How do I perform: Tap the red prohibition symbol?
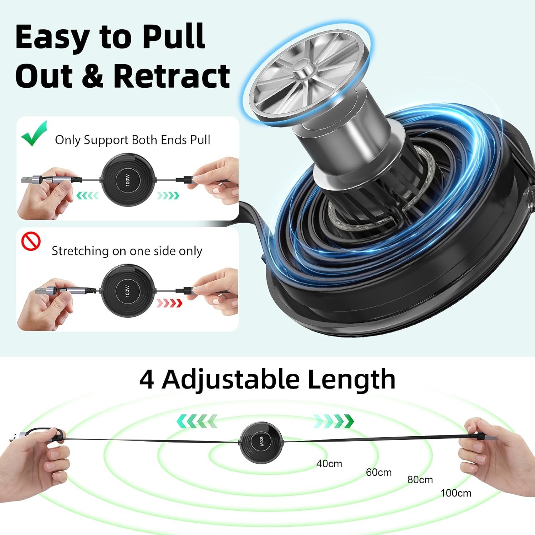[x=31, y=241]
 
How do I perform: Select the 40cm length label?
[x=329, y=464]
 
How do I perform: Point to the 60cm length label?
[x=379, y=472]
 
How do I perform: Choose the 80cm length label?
[x=420, y=480]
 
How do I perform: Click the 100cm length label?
[x=456, y=493]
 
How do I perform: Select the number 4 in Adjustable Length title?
[x=147, y=379]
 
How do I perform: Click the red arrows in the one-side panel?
[x=169, y=303]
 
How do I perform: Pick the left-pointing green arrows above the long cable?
[x=197, y=421]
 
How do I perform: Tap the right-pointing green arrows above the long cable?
[x=334, y=421]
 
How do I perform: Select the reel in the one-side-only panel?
[x=128, y=291]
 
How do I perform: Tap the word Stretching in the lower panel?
[x=80, y=251]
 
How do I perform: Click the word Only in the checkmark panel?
[x=68, y=140]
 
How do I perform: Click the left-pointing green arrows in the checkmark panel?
[x=88, y=195]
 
